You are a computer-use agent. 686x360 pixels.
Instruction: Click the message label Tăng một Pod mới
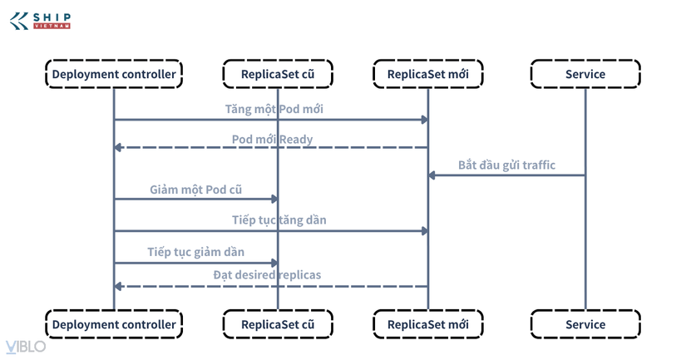[x=274, y=109]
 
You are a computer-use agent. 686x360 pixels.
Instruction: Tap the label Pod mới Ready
[x=272, y=140]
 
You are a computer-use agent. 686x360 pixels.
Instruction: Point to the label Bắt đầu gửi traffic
[x=506, y=165]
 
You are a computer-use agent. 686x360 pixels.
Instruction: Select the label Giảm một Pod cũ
[x=195, y=190]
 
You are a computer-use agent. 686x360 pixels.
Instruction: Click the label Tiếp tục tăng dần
[x=279, y=219]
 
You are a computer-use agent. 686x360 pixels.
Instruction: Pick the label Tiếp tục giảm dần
[x=195, y=252]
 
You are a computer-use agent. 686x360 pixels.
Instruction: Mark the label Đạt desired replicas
[x=267, y=274]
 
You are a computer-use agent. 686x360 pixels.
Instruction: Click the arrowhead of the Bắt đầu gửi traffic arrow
[x=432, y=175]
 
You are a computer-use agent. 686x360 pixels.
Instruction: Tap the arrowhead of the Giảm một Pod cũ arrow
[x=274, y=199]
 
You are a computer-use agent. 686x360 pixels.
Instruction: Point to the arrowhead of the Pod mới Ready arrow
[x=118, y=147]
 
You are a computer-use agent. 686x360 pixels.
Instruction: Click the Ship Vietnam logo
[x=40, y=21]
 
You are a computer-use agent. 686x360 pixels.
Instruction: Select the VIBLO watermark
[x=26, y=347]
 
